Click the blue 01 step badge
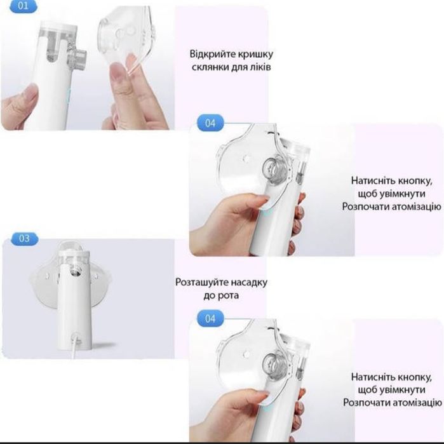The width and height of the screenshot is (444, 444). pos(24,6)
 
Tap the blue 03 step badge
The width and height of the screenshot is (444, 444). pos(24,238)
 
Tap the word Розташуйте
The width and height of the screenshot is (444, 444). pos(201,282)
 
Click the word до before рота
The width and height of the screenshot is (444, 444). pos(209,296)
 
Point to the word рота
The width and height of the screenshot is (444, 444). pos(229,296)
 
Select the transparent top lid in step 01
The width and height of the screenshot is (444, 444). pos(58,26)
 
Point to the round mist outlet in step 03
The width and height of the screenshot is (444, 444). pos(75,272)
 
